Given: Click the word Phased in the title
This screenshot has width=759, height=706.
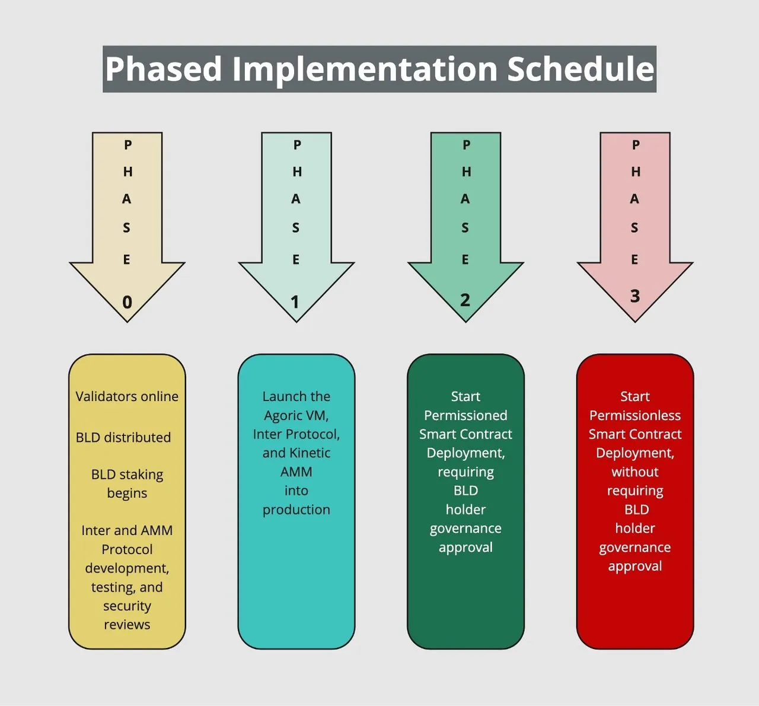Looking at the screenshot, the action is tap(164, 69).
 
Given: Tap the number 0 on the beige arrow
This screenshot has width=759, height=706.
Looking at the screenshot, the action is tap(127, 302).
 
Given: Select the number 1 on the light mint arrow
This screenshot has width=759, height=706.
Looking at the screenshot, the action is tap(295, 302).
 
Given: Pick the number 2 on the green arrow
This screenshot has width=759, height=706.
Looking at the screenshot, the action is tap(465, 300).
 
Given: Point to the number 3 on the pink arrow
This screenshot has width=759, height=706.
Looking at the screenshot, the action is tap(635, 296).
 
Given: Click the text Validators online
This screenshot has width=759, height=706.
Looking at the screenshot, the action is tap(127, 396).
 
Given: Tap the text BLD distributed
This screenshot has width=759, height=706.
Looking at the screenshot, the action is tap(123, 437).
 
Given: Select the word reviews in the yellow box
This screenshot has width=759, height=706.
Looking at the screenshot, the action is tap(127, 625).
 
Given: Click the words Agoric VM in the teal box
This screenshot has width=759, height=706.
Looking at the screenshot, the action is tap(295, 415).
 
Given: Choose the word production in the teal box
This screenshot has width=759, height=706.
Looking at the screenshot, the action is tap(296, 510).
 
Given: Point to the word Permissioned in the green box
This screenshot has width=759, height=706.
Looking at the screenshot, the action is tap(465, 415).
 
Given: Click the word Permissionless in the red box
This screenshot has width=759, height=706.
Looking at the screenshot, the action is tap(635, 415).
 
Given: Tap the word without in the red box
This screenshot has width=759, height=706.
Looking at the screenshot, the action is tap(635, 472).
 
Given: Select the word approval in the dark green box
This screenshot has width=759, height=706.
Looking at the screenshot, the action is tap(465, 548).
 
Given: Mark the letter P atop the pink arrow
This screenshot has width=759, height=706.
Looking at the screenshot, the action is tap(636, 145).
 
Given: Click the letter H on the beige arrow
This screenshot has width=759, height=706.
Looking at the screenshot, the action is tap(127, 171).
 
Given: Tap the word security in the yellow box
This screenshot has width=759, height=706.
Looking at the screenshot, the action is tap(127, 606).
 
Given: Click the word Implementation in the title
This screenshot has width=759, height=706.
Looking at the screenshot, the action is tap(365, 69).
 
